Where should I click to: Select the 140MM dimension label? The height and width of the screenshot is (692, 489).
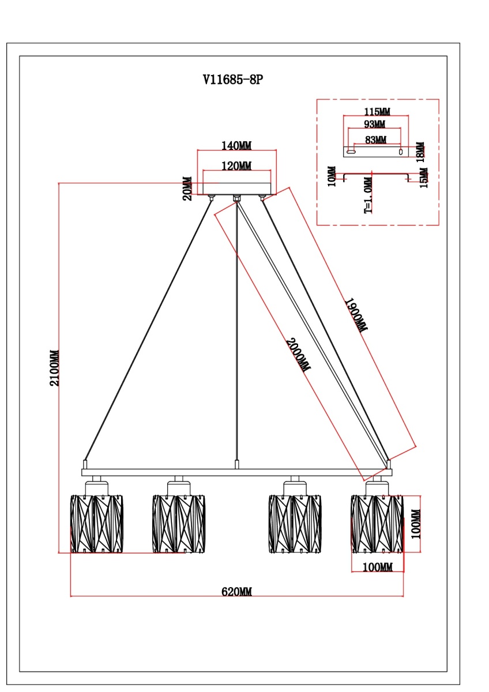pos(237,145)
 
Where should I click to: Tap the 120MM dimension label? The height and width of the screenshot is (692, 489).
pos(237,166)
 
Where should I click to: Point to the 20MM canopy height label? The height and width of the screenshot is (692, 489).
pos(187,189)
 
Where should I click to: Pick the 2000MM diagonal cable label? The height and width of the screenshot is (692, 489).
pos(297,354)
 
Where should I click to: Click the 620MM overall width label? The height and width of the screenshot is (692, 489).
pos(236,592)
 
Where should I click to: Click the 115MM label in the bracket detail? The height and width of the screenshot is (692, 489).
pos(376,111)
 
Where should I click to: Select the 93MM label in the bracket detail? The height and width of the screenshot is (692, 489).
pos(375,125)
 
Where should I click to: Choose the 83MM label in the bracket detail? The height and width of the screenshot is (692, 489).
pos(376,139)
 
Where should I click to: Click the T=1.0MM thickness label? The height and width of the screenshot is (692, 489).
pos(368,196)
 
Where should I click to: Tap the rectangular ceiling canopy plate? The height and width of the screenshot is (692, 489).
pos(236,189)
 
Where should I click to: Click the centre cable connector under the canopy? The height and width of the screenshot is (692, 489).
pos(236,199)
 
